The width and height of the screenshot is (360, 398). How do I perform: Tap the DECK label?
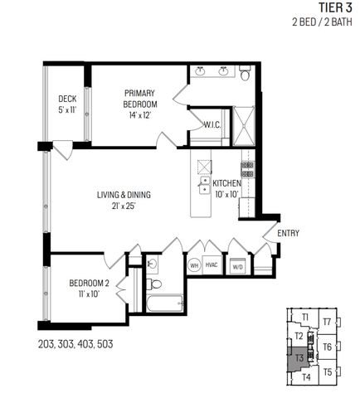67,104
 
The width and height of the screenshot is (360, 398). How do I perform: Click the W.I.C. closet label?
212,124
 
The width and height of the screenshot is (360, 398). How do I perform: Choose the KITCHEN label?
226,187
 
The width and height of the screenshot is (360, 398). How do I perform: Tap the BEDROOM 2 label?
90,288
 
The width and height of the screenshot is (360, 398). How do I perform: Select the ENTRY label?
288,233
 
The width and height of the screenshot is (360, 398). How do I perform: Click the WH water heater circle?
193,266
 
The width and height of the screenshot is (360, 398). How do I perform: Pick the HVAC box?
212,266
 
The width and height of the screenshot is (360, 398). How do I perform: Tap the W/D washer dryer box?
237,266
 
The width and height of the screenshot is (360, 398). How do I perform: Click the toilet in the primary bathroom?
245,75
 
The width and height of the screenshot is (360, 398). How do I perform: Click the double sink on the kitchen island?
203,184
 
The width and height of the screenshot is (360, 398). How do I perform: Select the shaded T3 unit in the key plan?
299,357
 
